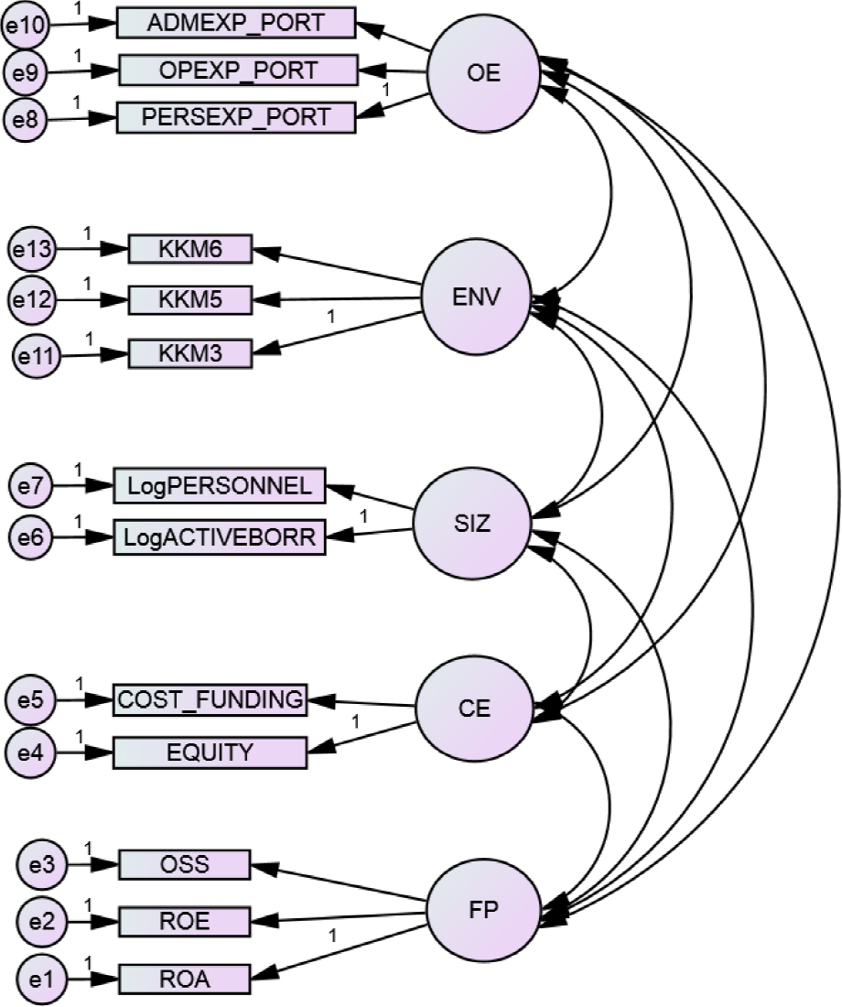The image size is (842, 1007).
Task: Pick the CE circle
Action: (x=472, y=709)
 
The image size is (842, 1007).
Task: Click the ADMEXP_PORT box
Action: (x=235, y=23)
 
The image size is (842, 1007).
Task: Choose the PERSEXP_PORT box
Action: (x=235, y=117)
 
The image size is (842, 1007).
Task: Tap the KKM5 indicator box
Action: (x=189, y=299)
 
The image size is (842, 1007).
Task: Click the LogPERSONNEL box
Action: (x=219, y=485)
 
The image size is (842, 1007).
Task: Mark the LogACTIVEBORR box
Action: (x=219, y=538)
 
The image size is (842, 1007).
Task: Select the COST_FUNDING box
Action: (x=210, y=700)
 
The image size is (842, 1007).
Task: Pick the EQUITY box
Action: (x=210, y=753)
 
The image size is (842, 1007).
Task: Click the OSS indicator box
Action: (x=184, y=864)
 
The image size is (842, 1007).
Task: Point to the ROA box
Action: (x=184, y=979)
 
